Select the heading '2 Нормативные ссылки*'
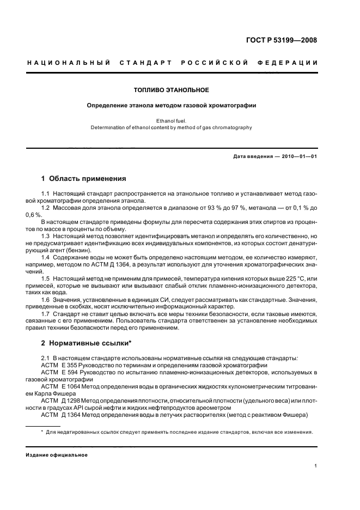pos(87,343)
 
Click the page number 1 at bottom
pos(316,466)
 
